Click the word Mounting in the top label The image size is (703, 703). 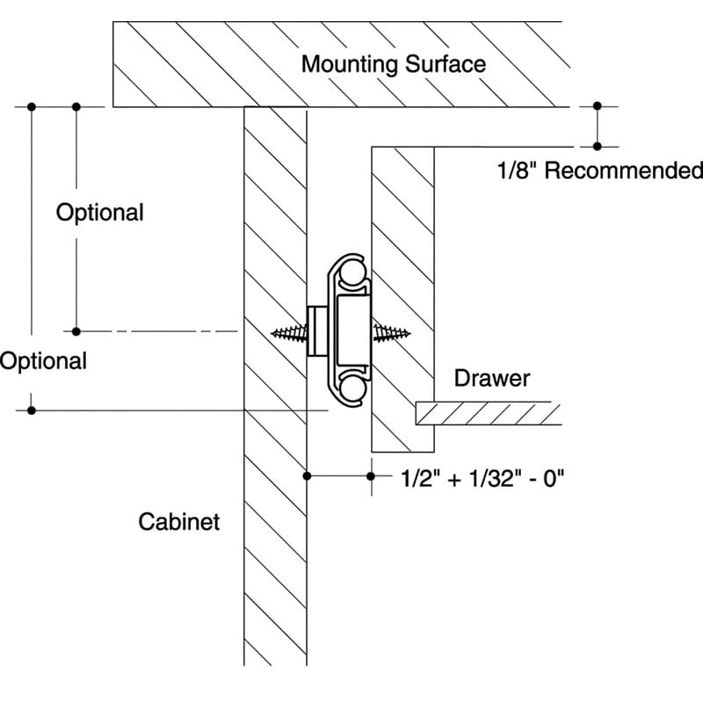[x=350, y=65]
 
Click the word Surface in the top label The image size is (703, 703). [x=446, y=64]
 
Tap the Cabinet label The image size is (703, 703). [x=179, y=522]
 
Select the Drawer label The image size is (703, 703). [x=492, y=379]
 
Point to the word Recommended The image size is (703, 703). [x=624, y=170]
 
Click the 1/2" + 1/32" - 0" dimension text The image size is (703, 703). [x=482, y=478]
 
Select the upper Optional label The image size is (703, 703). [x=99, y=213]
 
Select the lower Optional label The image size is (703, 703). [x=43, y=361]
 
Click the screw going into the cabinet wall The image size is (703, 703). [x=290, y=334]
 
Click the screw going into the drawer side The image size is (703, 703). [x=391, y=333]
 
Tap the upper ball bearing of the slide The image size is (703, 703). [x=351, y=273]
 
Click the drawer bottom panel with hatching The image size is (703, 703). [x=489, y=413]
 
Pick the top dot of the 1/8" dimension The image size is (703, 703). [x=598, y=106]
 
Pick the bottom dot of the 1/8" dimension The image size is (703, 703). [x=598, y=146]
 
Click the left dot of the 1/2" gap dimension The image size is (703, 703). [x=307, y=475]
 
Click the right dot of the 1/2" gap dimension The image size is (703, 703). [x=371, y=475]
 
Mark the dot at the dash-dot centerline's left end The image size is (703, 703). [x=76, y=332]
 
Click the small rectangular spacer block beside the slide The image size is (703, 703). [x=317, y=331]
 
